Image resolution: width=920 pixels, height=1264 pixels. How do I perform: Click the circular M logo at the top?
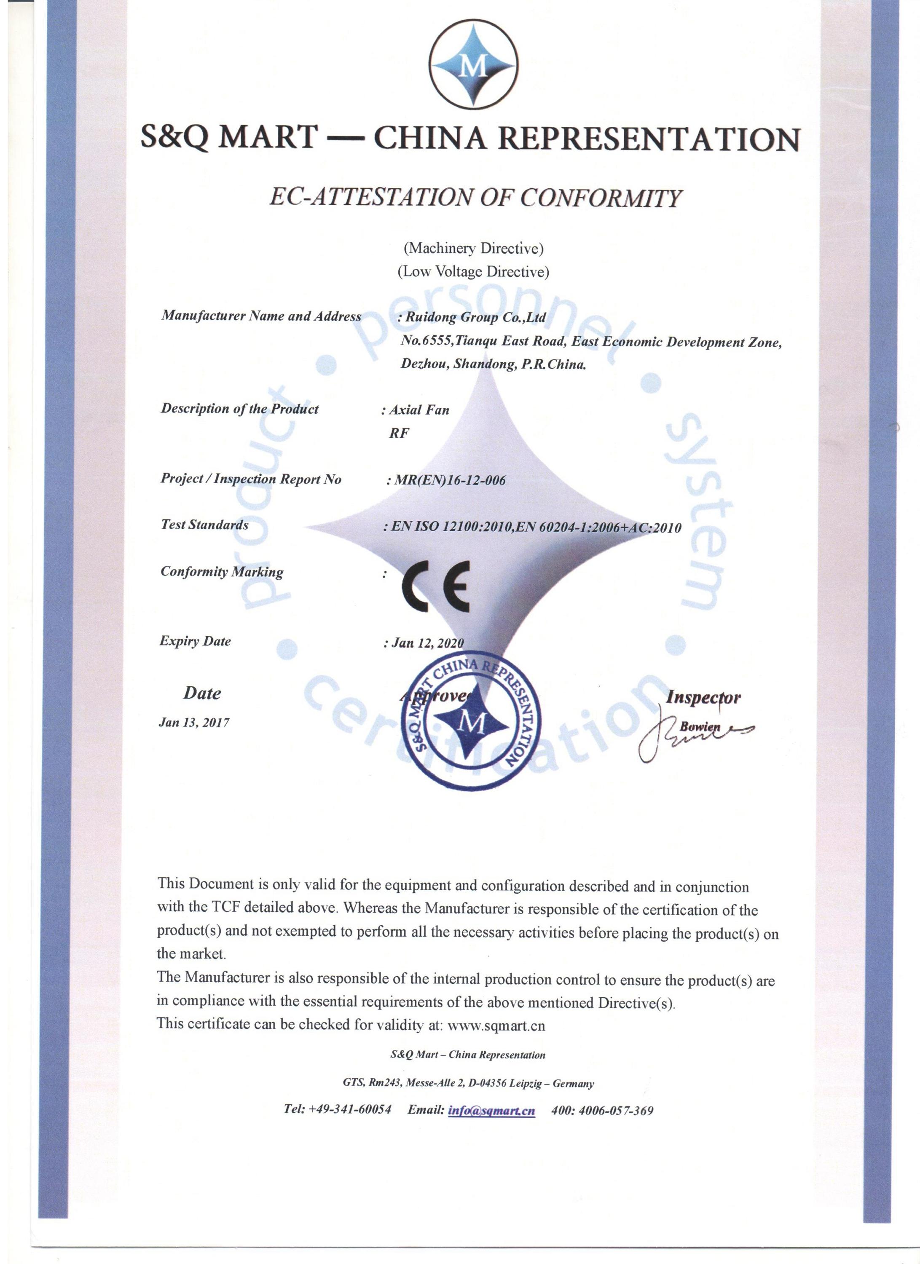pos(473,64)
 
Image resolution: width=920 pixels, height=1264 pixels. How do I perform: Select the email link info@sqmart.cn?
pos(491,1110)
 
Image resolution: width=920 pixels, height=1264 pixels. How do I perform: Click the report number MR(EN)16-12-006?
pos(449,480)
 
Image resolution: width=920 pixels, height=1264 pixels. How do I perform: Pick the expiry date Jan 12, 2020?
pos(427,643)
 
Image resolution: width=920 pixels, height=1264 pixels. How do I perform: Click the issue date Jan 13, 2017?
pos(194,722)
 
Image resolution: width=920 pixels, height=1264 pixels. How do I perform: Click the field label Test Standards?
pos(205,525)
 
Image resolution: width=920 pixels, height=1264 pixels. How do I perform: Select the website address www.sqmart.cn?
pos(496,1026)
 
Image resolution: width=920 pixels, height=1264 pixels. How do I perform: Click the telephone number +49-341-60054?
pos(350,1109)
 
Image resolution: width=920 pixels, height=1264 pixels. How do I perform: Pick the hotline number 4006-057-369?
pos(616,1110)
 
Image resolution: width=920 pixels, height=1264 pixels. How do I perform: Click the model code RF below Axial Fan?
pos(399,433)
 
